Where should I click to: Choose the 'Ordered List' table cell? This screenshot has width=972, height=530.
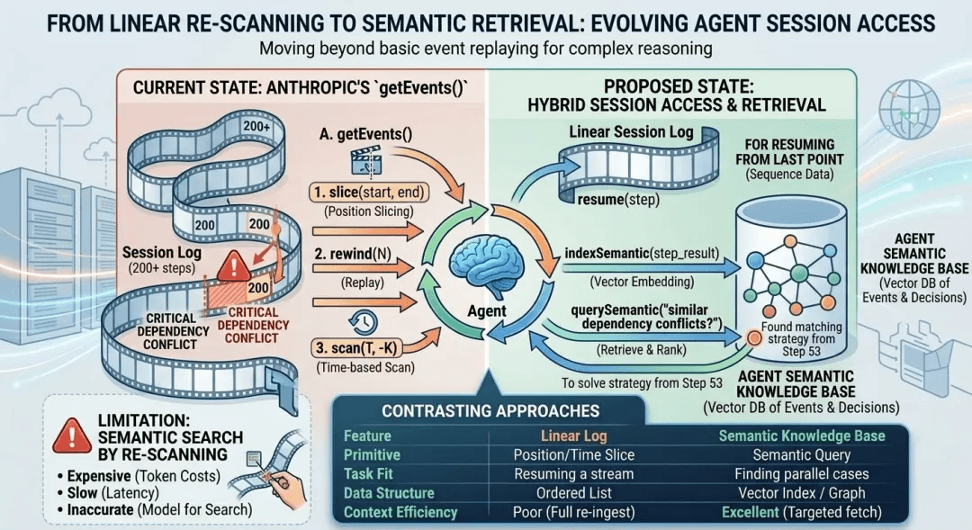point(573,493)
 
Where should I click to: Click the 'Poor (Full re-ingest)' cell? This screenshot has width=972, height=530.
point(573,513)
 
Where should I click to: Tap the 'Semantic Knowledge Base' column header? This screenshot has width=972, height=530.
point(802,436)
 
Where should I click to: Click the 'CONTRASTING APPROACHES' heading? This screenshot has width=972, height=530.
point(490,410)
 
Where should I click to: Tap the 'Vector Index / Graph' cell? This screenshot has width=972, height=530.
point(802,493)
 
